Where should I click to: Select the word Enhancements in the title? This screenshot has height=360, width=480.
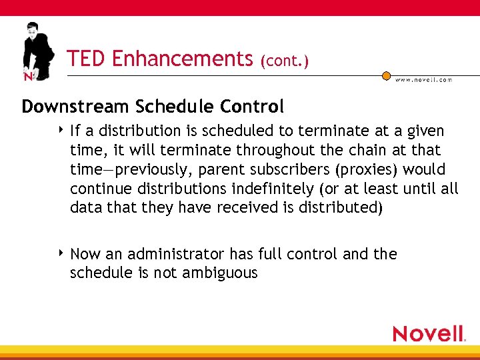(x=182, y=59)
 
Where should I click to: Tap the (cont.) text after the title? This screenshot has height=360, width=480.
(x=285, y=61)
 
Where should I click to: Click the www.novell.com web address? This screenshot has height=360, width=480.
(x=423, y=80)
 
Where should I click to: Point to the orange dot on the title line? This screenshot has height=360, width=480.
(x=386, y=76)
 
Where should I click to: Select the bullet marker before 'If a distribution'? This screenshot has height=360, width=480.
(x=61, y=130)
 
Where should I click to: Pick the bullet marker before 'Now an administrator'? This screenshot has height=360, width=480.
(x=61, y=253)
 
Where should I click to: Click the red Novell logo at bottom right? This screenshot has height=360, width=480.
(x=429, y=333)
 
